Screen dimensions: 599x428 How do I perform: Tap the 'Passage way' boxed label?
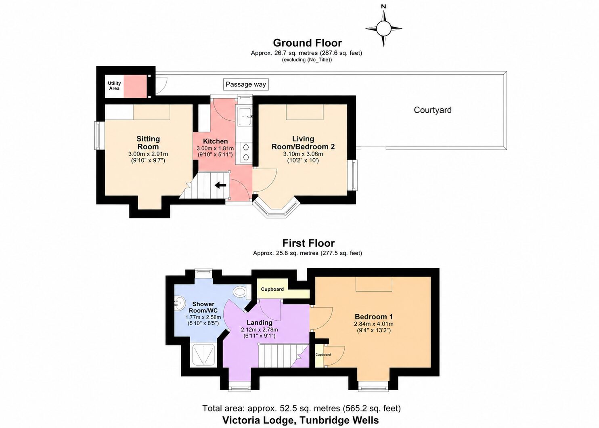pyautogui.click(x=246, y=84)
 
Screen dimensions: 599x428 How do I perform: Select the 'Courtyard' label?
pyautogui.click(x=433, y=110)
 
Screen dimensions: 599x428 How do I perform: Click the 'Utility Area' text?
pyautogui.click(x=114, y=86)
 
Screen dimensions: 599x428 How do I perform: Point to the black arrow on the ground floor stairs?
pyautogui.click(x=221, y=185)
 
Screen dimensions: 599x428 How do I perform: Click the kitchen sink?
pyautogui.click(x=243, y=116)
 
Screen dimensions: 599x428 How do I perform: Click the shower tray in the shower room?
pyautogui.click(x=203, y=355)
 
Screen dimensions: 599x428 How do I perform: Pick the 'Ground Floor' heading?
pyautogui.click(x=307, y=43)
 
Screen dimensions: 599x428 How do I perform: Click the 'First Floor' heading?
pyautogui.click(x=308, y=243)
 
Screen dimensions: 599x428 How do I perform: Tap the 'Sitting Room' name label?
pyautogui.click(x=148, y=143)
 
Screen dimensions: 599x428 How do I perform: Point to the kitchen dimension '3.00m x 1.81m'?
pyautogui.click(x=215, y=148)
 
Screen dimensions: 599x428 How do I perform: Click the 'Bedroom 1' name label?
pyautogui.click(x=374, y=317)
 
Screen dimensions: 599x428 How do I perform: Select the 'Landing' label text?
pyautogui.click(x=260, y=323)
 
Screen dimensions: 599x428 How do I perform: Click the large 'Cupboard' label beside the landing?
pyautogui.click(x=272, y=289)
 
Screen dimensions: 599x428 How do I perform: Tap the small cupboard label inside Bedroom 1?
pyautogui.click(x=323, y=355)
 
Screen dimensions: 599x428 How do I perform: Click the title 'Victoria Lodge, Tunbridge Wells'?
pyautogui.click(x=301, y=420)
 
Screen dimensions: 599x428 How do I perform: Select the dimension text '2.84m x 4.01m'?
pyautogui.click(x=374, y=324)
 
